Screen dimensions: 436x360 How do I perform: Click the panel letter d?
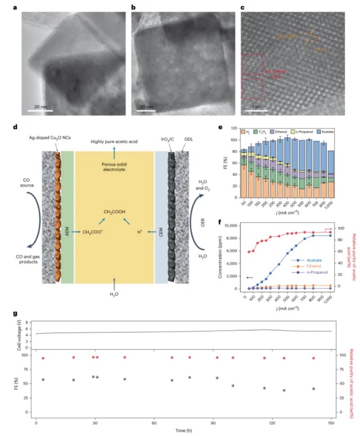16,127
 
